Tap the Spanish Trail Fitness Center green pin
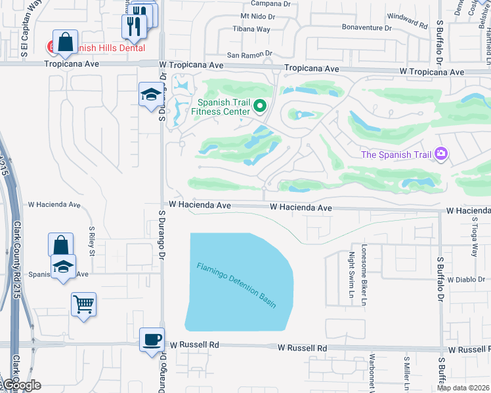(x=260, y=105)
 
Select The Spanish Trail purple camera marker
(x=440, y=154)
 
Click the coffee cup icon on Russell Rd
(x=152, y=339)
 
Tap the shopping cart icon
(x=83, y=304)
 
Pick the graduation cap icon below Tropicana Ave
(x=150, y=94)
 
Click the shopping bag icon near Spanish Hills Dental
(x=66, y=43)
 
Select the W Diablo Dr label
(x=468, y=280)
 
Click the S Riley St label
(x=93, y=242)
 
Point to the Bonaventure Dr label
(x=366, y=28)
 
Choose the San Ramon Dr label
(x=249, y=54)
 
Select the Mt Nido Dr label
(x=256, y=15)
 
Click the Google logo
(x=21, y=385)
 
